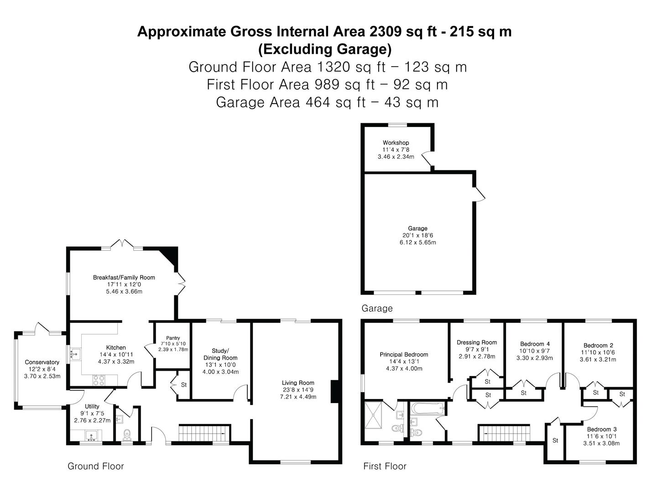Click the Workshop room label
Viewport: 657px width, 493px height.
(x=396, y=143)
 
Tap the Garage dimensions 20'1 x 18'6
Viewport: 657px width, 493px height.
(x=417, y=235)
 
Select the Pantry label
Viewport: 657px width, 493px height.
(x=173, y=338)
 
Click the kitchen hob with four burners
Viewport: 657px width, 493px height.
(x=99, y=380)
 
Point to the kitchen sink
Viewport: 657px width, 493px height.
(x=75, y=354)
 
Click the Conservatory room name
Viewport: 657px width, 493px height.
(x=42, y=362)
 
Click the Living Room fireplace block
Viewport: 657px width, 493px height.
(x=334, y=391)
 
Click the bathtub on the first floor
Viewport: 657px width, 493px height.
(x=428, y=408)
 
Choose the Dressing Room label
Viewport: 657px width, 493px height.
(x=477, y=342)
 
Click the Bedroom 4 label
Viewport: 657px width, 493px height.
(x=535, y=344)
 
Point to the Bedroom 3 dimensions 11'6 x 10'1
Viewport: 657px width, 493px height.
(x=602, y=436)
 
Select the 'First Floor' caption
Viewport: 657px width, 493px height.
(x=385, y=466)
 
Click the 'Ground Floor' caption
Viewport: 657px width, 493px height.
(x=96, y=466)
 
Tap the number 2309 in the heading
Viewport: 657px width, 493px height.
(x=386, y=32)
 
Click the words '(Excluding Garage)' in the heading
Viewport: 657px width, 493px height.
(x=325, y=49)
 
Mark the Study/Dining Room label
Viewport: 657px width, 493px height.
(x=220, y=354)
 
